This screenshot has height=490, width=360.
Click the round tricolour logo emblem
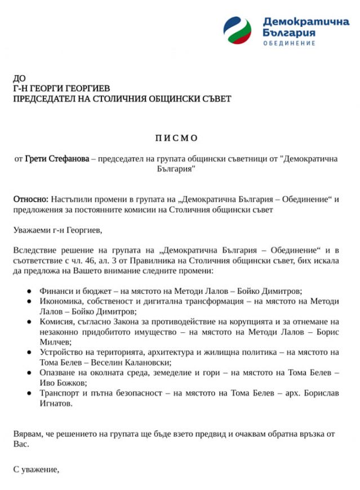(x=238, y=31)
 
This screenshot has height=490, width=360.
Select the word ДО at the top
(x=19, y=78)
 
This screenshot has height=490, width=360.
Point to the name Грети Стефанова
(x=57, y=159)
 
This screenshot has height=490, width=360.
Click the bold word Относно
(x=30, y=199)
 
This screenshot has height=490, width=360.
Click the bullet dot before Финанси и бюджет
(x=29, y=291)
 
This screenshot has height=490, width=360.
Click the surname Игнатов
(x=56, y=403)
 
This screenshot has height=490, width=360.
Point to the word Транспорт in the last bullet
(x=60, y=393)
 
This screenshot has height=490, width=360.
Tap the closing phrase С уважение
(x=36, y=469)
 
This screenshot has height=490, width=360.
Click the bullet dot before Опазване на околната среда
(x=29, y=373)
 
